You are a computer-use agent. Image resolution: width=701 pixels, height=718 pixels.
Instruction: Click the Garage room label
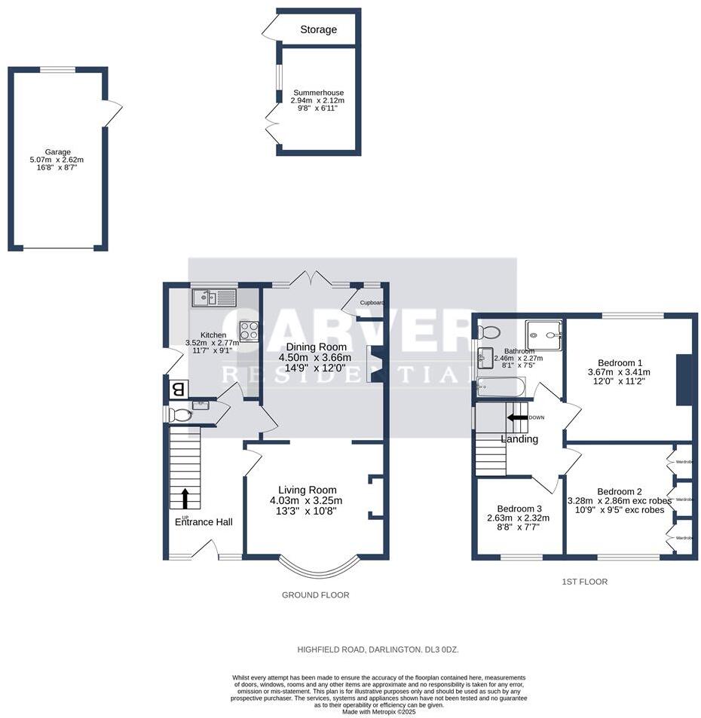point(57,151)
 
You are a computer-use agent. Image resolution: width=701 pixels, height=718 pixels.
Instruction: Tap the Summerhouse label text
point(318,93)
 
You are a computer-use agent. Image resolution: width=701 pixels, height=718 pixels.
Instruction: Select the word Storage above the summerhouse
point(318,30)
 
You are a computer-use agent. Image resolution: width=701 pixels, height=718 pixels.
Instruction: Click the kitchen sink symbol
point(214,298)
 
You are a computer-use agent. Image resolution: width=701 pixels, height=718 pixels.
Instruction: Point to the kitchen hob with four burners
point(249,330)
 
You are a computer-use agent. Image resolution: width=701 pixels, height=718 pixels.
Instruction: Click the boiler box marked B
point(178,390)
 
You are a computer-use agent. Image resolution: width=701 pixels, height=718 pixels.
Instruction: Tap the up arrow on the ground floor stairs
point(185,498)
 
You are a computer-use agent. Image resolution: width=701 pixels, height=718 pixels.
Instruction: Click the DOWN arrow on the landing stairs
point(518,417)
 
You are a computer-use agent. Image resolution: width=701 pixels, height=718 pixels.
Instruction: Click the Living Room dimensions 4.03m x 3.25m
point(306,500)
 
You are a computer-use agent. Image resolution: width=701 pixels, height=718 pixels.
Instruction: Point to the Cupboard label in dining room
point(372,303)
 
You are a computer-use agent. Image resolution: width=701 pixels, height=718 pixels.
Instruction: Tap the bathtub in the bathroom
point(500,389)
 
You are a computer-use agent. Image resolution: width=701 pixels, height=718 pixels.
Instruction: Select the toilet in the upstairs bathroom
point(491,332)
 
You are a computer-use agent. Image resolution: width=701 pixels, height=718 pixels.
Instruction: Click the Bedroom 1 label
point(618,361)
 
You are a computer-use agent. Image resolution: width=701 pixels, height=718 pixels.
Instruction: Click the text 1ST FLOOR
point(584,582)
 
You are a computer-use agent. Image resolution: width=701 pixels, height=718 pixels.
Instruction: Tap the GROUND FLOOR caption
point(315,594)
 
